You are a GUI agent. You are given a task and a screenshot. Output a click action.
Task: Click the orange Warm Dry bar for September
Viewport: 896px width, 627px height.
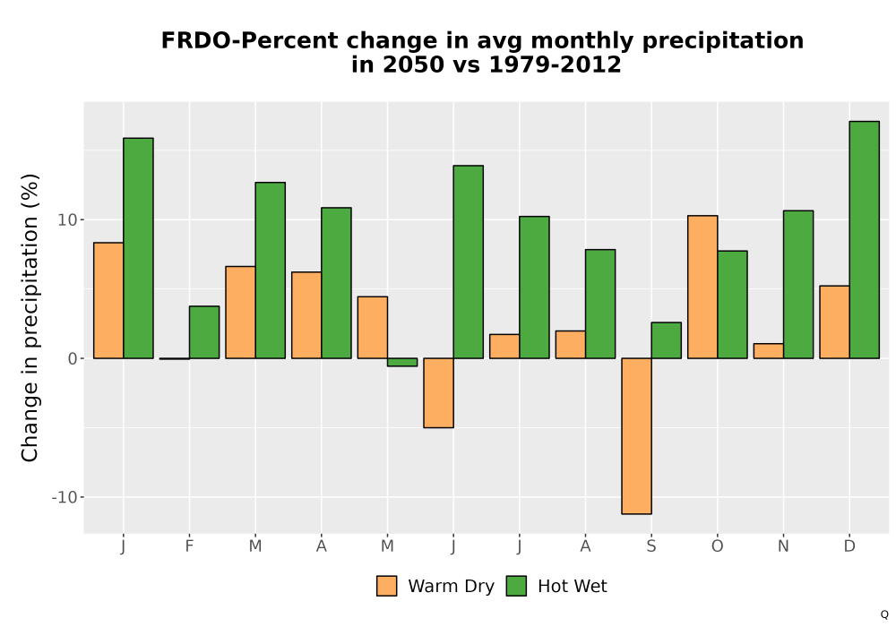pos(636,436)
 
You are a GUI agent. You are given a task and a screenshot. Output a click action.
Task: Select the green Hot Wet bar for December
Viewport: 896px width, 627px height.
pos(864,240)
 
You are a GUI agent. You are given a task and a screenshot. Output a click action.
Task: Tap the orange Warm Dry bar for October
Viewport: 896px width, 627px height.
pos(702,287)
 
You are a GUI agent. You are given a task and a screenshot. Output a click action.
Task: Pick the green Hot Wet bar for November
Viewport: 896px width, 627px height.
pos(798,284)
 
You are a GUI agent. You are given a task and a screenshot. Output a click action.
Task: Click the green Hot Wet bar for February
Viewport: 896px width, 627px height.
pos(204,332)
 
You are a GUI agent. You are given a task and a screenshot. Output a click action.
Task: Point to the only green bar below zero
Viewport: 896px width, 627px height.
pos(402,362)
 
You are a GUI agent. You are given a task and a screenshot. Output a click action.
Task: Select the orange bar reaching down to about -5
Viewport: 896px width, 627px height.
pos(438,393)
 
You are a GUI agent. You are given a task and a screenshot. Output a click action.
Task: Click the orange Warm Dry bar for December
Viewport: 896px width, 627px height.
pos(834,322)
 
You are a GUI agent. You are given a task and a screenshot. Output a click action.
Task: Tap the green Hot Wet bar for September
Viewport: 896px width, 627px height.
pos(667,340)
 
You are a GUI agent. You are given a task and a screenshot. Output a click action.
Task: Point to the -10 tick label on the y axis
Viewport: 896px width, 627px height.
pos(64,497)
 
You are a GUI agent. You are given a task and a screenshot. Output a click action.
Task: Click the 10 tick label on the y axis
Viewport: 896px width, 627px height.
pos(67,219)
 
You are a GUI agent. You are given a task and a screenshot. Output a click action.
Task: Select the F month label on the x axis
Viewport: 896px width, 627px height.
pos(189,546)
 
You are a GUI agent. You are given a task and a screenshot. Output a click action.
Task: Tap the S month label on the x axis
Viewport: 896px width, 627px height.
pos(650,546)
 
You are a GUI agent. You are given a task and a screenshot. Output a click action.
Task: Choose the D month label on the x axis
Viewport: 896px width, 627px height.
pos(849,546)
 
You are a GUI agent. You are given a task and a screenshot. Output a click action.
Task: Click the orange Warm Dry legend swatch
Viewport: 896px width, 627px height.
pos(387,586)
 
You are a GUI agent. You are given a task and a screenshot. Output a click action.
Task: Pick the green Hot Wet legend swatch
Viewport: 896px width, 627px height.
pos(516,586)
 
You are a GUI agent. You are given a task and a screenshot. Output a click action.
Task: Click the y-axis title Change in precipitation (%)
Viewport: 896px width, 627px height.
pos(30,317)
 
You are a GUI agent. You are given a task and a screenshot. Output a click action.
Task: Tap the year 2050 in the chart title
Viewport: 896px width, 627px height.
pos(413,64)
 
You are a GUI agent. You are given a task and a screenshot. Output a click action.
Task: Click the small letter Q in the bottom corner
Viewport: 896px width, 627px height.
pos(884,614)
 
